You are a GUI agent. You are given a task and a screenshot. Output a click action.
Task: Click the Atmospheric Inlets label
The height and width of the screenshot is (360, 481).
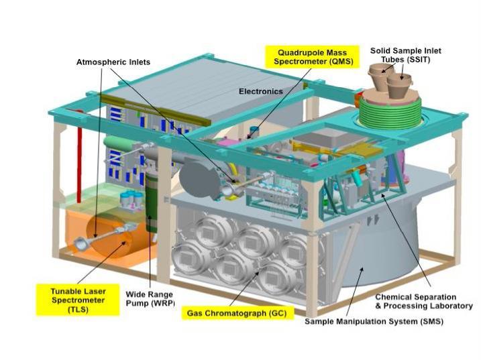pos(113,62)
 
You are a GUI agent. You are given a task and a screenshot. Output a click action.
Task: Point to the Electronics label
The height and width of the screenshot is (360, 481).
pos(261,91)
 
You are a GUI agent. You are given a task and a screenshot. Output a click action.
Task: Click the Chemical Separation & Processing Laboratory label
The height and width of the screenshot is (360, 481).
pos(415,301)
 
